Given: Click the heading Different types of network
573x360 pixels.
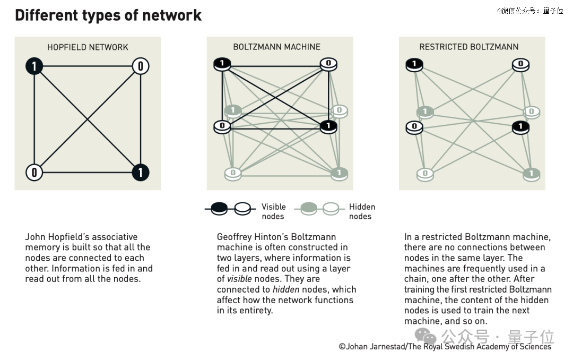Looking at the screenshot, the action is pos(108,15).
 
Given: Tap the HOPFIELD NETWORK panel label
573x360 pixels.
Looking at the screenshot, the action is pos(88,47).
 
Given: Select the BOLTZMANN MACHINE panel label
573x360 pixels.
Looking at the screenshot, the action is pos(276,47).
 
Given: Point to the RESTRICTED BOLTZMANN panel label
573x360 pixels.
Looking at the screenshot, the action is pos(469,47).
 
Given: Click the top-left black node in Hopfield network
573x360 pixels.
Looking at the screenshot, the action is pos(34,66).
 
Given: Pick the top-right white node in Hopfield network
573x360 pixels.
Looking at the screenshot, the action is pos(140,66).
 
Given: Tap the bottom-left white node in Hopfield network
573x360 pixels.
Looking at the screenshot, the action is pos(34,173).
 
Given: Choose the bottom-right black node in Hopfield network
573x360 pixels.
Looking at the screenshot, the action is pos(140,173).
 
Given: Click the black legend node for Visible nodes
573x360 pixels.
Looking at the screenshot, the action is pos(219,209).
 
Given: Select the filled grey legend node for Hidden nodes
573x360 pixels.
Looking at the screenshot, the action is pos(308,209).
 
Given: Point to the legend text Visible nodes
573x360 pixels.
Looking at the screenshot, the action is pos(274,211).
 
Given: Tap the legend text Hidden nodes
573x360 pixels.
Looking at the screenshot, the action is pos(362,211).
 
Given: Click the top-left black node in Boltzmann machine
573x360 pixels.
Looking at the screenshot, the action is pos(222,64).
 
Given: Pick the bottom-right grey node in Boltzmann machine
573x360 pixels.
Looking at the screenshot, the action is pos(339,174).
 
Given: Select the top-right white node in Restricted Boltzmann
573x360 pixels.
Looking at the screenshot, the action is pos(521,65).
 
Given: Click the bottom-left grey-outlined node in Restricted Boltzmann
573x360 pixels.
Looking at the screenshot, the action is pos(425,174).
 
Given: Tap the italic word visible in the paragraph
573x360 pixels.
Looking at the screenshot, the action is pos(239,279).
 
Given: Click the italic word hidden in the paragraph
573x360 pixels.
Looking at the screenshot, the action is pos(286,289).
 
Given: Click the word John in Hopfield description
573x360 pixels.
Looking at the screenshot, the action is pos(36,237).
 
